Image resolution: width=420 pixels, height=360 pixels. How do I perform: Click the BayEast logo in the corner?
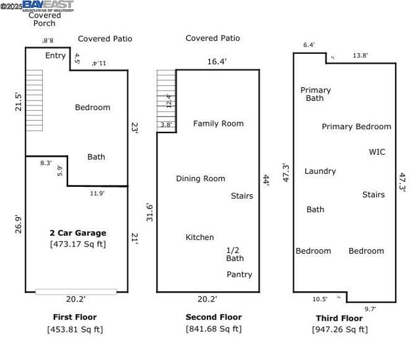(43, 6)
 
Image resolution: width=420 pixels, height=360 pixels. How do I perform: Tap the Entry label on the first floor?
(55, 56)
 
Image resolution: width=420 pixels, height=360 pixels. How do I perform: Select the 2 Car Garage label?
(77, 233)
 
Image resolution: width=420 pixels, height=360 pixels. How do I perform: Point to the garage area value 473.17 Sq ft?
(77, 244)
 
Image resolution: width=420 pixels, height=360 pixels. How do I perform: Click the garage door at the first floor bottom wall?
(76, 291)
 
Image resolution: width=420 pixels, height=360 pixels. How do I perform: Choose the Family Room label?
(218, 123)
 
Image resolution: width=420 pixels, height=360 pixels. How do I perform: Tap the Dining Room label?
(200, 178)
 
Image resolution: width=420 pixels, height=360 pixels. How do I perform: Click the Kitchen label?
(199, 237)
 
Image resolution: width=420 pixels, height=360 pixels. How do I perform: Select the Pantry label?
(239, 275)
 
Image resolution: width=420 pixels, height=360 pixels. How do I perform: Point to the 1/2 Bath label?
(235, 254)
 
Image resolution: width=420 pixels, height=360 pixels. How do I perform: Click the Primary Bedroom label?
(356, 127)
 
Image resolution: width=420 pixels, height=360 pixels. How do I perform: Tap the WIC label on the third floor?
(377, 152)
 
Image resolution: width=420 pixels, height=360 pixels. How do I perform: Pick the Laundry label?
(320, 171)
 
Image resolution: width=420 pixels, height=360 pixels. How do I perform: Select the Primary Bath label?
(315, 94)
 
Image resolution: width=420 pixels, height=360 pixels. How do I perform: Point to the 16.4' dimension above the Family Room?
(217, 61)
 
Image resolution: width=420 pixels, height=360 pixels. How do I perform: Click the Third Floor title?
(339, 318)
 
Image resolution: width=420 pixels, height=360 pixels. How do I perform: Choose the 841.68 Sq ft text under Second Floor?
(213, 329)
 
